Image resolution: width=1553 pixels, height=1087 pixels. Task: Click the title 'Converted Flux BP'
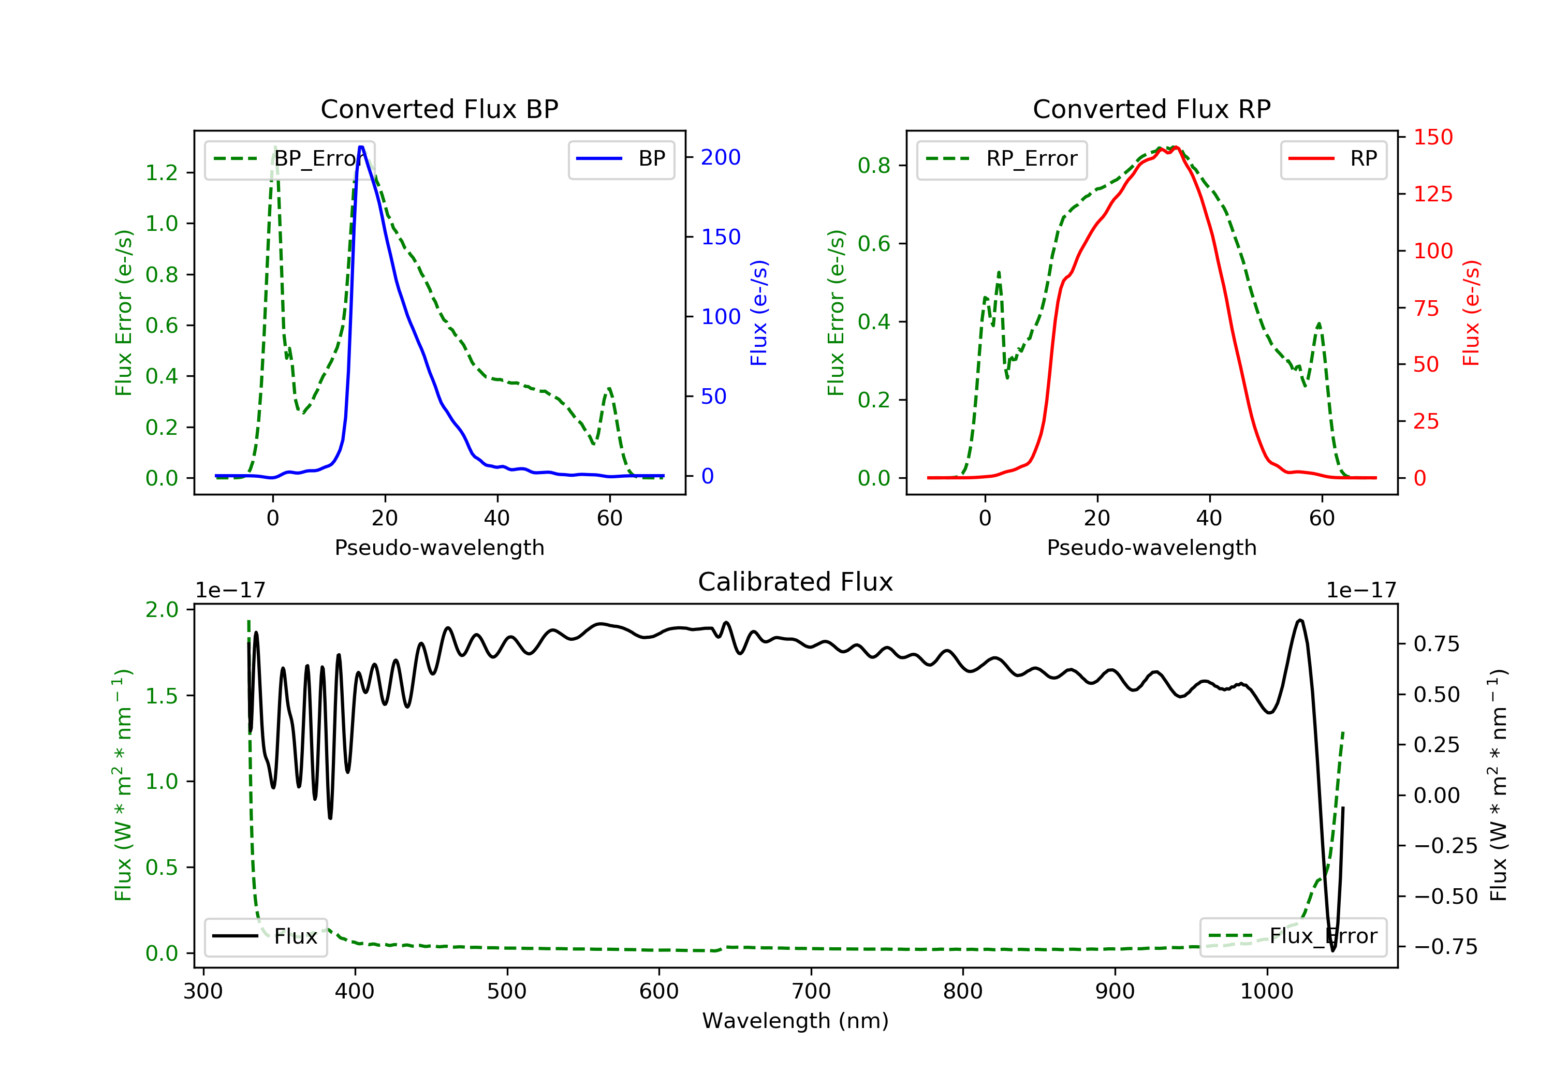pos(439,109)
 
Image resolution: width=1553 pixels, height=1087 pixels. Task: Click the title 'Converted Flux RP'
pos(1152,109)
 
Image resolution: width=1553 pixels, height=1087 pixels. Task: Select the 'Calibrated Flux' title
pos(796,582)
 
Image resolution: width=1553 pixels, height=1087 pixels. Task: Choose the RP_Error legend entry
pos(1002,159)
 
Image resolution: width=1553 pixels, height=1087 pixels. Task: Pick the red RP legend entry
pos(1333,159)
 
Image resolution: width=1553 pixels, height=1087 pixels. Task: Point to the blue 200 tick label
pos(721,157)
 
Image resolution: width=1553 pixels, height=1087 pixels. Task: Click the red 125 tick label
pos(1433,195)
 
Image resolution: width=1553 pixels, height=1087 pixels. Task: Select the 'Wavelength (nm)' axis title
pos(796,1021)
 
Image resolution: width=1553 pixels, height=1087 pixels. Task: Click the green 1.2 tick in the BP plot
pos(162,173)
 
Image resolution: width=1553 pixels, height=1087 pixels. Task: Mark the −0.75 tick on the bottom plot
pos(1445,947)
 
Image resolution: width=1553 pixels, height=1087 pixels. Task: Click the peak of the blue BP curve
pos(361,147)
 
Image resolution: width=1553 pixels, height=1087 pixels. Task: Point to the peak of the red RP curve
pos(1176,148)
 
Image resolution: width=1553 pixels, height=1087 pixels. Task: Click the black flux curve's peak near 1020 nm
pos(1299,620)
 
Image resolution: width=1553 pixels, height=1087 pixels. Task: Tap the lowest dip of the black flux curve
pos(1333,950)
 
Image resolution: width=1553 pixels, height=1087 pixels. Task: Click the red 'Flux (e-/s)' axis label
pos(1471,313)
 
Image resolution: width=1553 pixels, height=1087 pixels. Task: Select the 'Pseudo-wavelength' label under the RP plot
pos(1152,547)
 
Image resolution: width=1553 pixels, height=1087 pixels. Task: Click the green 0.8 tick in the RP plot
pos(874,166)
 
